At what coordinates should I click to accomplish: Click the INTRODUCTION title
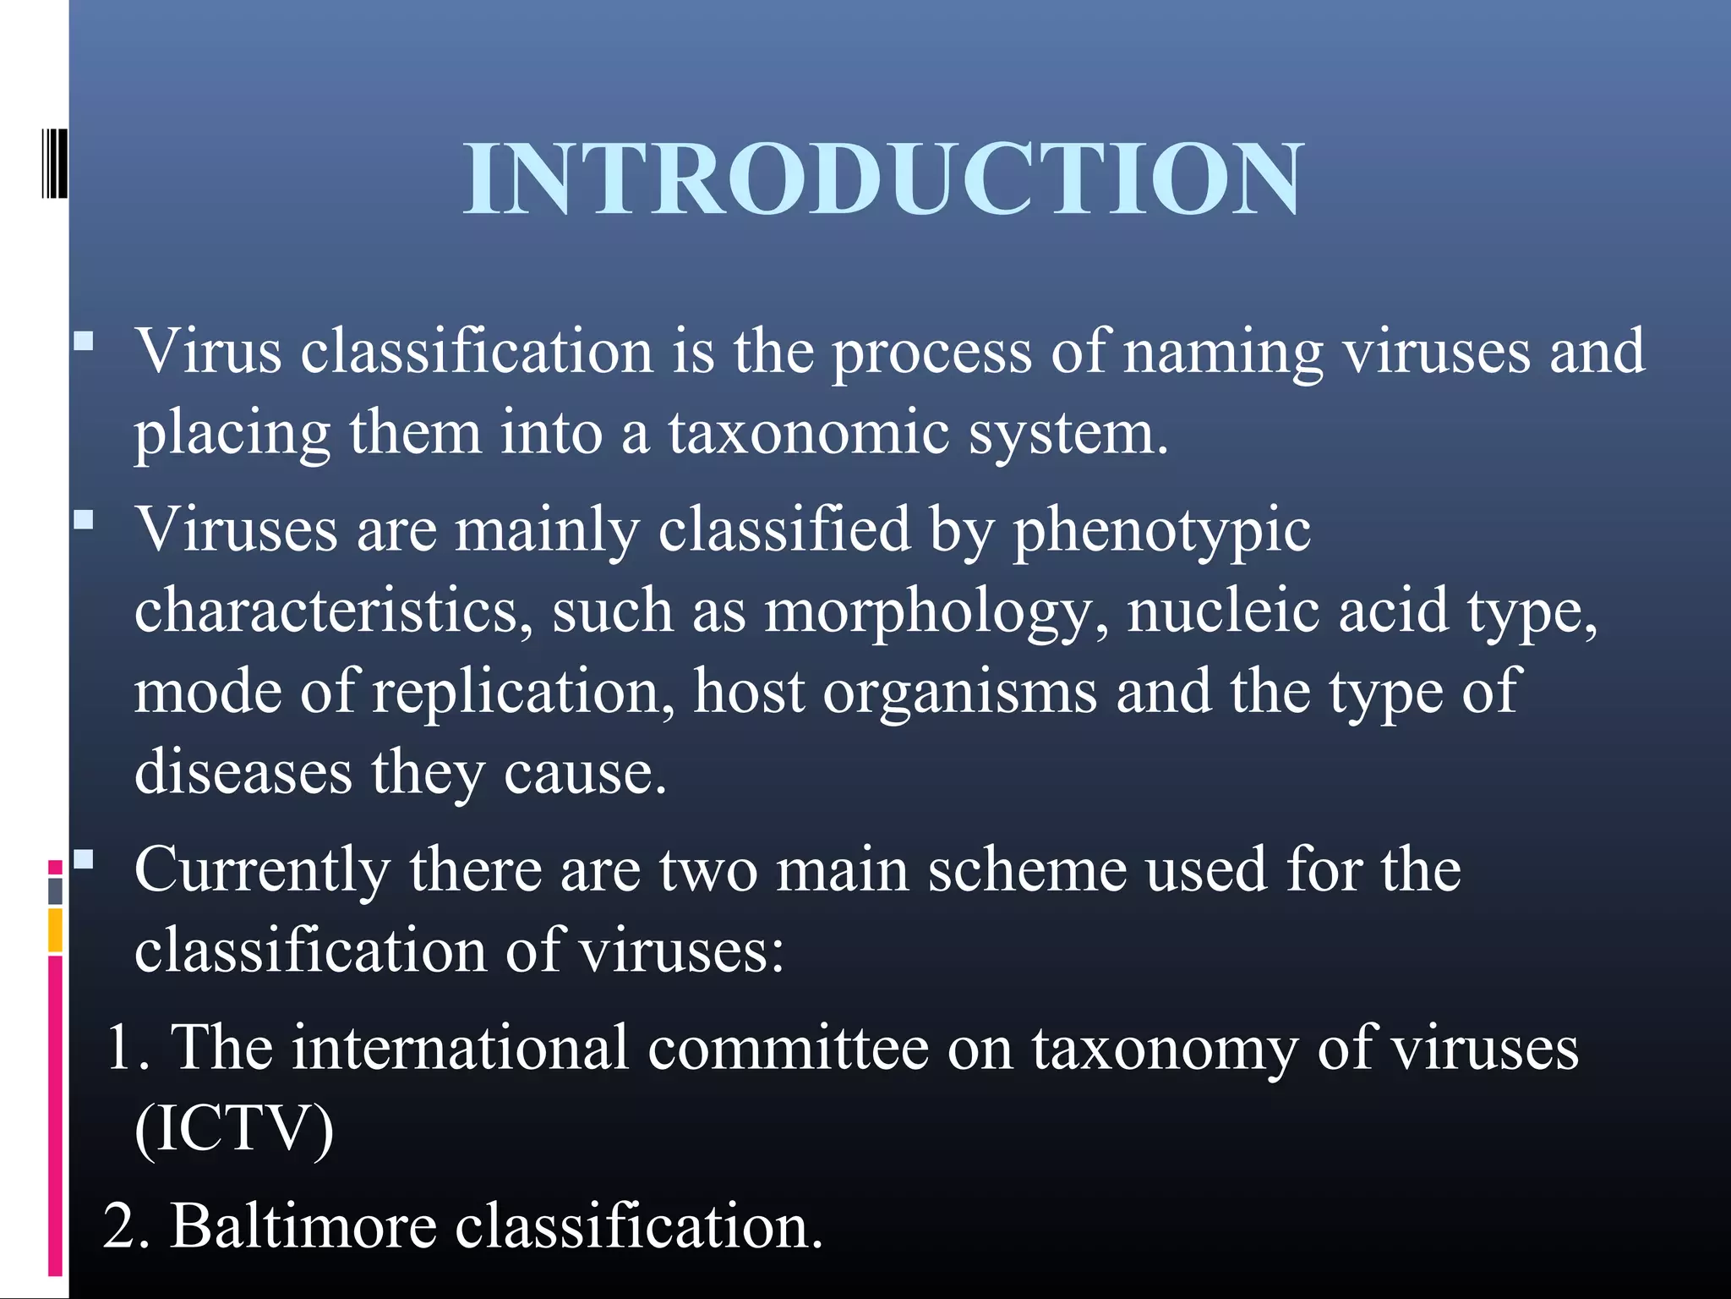[x=884, y=179]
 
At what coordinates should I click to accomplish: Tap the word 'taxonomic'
[x=808, y=433]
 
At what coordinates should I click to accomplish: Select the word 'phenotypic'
[x=1161, y=531]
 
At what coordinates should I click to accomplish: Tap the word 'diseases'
[x=243, y=772]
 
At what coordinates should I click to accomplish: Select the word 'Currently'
[x=262, y=871]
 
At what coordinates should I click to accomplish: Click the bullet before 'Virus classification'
[x=83, y=342]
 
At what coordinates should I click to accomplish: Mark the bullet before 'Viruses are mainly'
[x=83, y=519]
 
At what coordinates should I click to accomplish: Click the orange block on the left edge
[x=55, y=930]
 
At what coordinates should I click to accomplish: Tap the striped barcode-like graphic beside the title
[x=54, y=164]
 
